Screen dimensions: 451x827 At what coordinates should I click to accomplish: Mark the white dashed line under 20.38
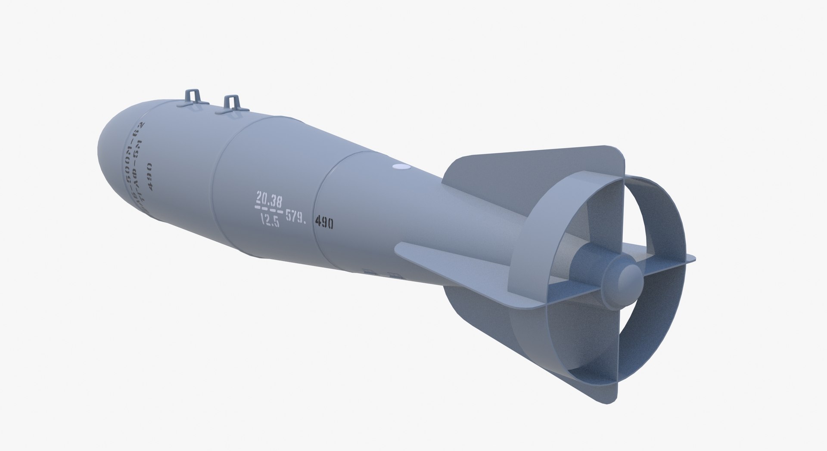(269, 210)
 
